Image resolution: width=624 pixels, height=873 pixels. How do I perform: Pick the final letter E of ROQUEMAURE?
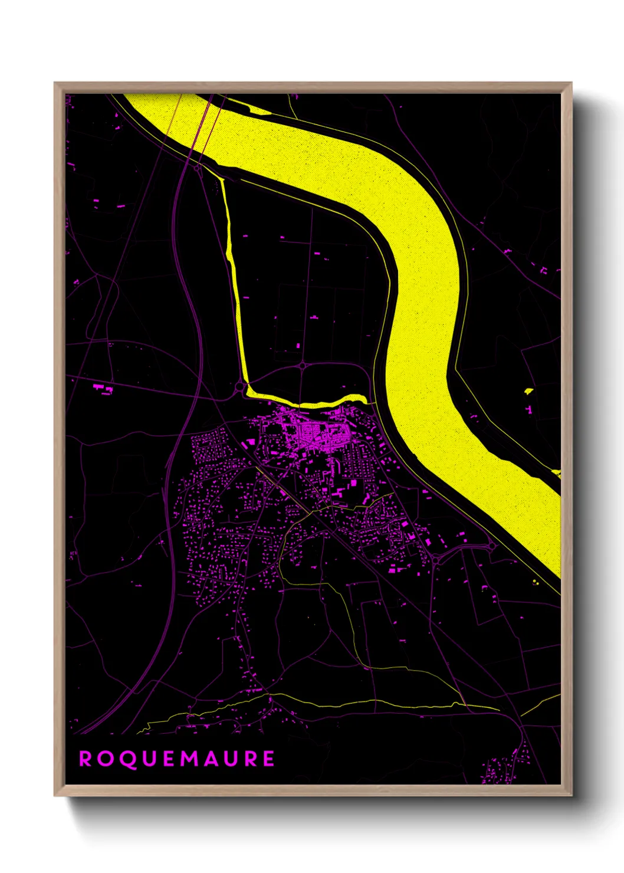[x=268, y=759]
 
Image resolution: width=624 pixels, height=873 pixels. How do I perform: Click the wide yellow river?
[x=425, y=295]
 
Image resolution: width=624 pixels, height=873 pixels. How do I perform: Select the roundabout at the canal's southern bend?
[x=239, y=387]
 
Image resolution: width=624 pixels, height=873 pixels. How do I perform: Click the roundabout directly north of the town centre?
[x=303, y=366]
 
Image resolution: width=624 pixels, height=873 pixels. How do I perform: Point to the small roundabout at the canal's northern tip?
[x=197, y=168]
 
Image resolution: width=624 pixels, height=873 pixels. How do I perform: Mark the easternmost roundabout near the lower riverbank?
[x=492, y=547]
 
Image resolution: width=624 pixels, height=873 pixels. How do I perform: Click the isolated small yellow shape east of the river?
[x=528, y=390]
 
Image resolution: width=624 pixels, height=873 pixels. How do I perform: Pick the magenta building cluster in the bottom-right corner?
[x=501, y=767]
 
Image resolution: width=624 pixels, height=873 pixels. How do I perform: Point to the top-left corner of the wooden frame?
[x=55, y=83]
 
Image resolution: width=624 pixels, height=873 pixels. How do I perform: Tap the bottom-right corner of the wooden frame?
[x=571, y=795]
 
